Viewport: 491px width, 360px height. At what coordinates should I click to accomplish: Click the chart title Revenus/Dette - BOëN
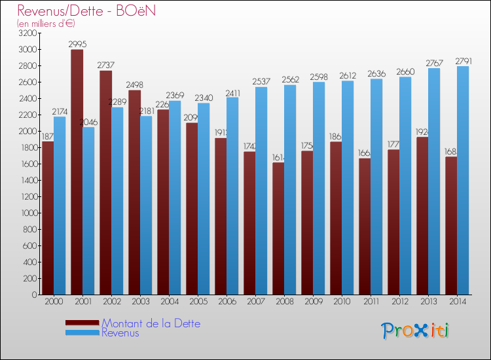[x=86, y=11]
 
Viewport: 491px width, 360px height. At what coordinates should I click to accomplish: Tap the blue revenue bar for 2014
[x=463, y=180]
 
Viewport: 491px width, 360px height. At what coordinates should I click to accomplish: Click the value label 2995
[x=77, y=44]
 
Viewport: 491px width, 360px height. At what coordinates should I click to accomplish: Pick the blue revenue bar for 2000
[x=60, y=206]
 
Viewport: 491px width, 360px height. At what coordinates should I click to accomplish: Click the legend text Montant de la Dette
[x=151, y=323]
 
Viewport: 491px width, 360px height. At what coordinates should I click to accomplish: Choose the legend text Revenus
[x=120, y=333]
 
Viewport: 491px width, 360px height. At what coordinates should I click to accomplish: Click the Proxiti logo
[x=416, y=330]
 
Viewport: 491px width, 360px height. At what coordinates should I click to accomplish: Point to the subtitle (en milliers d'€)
[x=46, y=24]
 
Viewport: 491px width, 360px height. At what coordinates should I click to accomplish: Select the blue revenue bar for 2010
[x=348, y=187]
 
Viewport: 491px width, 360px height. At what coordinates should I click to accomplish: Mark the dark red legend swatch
[x=82, y=323]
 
